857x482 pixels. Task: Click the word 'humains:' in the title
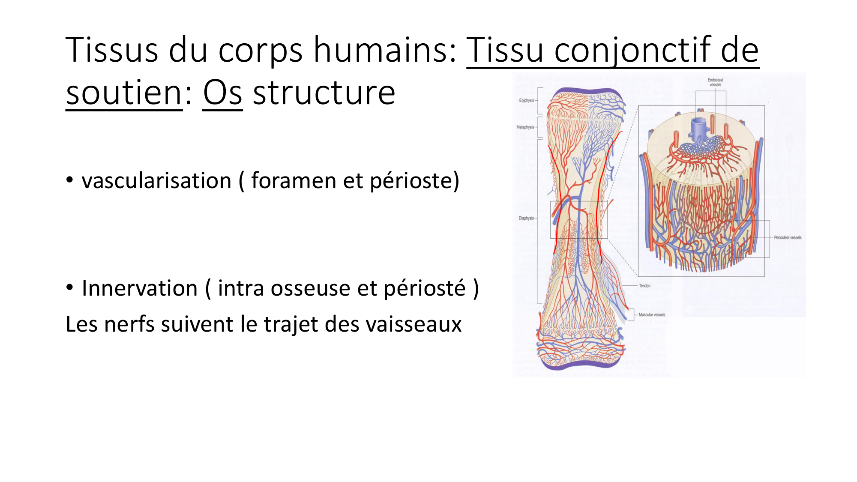coord(386,51)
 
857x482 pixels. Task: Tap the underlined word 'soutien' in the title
coord(124,93)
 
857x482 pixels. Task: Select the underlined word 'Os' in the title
coord(222,93)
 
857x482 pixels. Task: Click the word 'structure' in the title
coord(324,93)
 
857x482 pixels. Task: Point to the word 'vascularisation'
coord(156,181)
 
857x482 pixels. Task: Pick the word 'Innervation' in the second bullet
coord(139,288)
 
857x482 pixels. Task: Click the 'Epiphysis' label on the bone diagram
coord(527,101)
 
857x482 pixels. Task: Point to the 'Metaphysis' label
coord(525,127)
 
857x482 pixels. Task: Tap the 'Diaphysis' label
coord(526,218)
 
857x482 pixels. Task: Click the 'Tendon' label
coord(644,286)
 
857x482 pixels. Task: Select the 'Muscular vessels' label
coord(652,315)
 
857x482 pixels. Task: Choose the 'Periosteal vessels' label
coord(788,237)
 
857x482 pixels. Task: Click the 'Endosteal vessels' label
coord(715,82)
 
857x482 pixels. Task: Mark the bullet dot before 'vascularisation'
coord(69,180)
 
